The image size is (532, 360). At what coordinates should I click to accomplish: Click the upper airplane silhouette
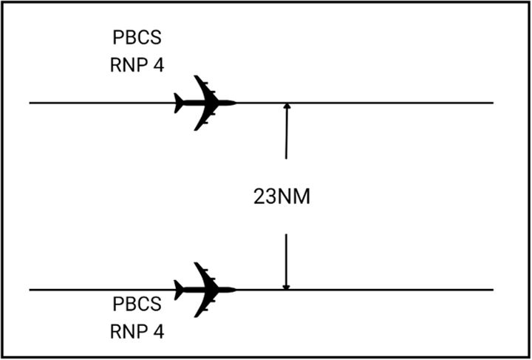203,103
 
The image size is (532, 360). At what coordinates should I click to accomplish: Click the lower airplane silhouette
203,290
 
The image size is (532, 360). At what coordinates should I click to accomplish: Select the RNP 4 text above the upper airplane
134,64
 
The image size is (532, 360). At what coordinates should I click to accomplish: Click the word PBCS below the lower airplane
134,305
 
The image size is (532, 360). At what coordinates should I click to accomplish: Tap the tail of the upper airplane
178,103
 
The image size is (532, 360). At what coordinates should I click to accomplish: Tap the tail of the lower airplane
178,290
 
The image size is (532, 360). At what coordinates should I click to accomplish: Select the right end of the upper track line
491,103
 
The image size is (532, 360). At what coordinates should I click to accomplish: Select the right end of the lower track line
491,290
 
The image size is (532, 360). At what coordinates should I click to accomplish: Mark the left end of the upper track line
31,103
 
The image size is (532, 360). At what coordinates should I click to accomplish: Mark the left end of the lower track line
31,290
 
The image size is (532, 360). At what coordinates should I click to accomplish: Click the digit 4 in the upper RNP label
158,64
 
